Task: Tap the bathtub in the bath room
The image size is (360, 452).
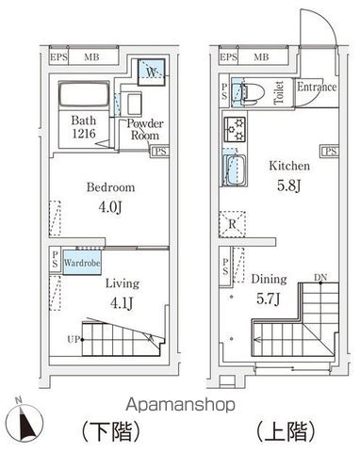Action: click(83, 96)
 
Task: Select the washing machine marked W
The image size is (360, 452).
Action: click(148, 72)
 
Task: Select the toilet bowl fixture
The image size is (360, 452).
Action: click(250, 92)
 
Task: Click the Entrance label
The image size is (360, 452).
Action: click(317, 88)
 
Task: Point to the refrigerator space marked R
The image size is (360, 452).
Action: click(233, 225)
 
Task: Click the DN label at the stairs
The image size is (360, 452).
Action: click(321, 276)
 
